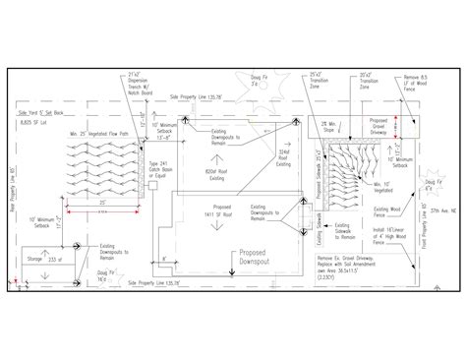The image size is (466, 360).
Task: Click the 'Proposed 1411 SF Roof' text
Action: [220, 211]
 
